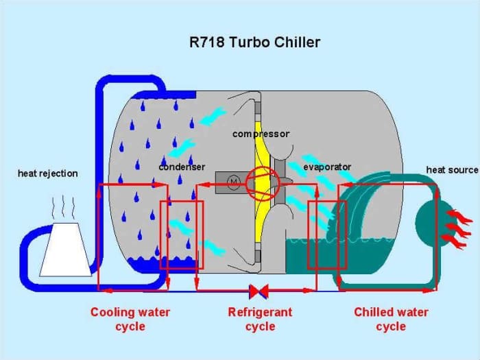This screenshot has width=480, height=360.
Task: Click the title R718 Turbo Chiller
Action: tap(254, 43)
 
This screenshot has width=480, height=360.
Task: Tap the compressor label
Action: tap(261, 134)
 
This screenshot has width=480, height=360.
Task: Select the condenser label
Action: tap(182, 167)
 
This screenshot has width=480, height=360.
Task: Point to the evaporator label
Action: tap(327, 167)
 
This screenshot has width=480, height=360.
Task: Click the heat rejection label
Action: tap(48, 173)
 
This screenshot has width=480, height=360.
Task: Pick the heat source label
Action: tap(452, 169)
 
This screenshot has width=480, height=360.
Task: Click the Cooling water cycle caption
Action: tap(130, 319)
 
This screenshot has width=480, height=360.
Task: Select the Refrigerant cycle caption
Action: tap(260, 319)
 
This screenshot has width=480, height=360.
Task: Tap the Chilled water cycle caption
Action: tap(391, 319)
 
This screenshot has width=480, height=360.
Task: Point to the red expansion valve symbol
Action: tap(259, 291)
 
